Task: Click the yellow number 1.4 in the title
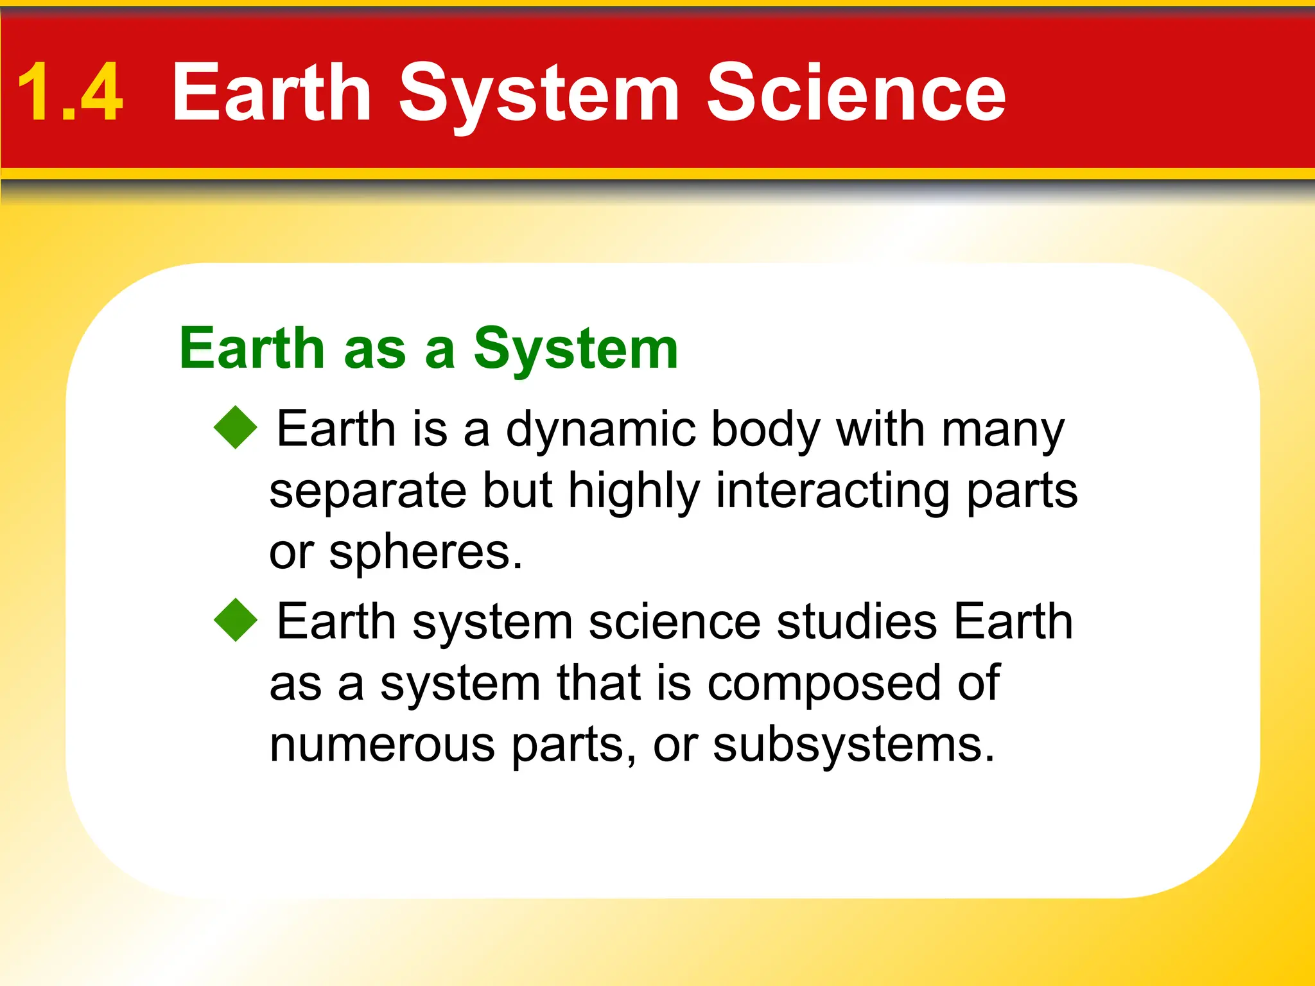tap(69, 93)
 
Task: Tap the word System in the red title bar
tap(538, 93)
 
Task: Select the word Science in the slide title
tap(855, 93)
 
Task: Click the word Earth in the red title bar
tap(272, 93)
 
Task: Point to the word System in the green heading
tap(575, 350)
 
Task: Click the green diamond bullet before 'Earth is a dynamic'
tap(236, 427)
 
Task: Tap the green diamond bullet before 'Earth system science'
tap(236, 620)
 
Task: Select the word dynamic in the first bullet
tap(600, 430)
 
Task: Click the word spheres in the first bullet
tap(425, 552)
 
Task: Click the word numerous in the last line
tap(382, 745)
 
